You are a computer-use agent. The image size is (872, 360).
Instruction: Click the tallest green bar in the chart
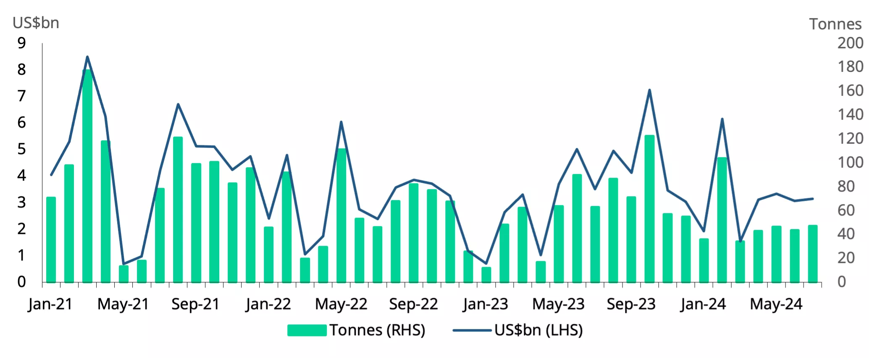point(87,176)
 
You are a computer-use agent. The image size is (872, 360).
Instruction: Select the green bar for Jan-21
point(51,239)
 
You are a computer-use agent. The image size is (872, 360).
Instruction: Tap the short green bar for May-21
point(123,274)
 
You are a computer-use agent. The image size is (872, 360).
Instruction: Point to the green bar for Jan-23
point(486,275)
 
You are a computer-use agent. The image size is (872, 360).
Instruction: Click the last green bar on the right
point(813,254)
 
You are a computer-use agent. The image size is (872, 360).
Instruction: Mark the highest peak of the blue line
point(87,57)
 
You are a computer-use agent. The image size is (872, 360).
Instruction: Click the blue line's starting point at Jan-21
point(51,175)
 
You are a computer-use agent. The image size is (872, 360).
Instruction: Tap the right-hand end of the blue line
point(813,199)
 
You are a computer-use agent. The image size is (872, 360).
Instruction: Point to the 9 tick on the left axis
point(21,43)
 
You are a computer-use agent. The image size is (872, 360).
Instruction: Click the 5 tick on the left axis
point(21,149)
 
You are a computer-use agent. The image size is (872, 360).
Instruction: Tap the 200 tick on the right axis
point(850,43)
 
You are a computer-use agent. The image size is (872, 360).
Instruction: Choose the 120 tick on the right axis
point(850,138)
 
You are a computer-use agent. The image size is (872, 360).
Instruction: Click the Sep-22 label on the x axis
point(413,304)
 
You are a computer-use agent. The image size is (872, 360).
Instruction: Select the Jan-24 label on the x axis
point(703,304)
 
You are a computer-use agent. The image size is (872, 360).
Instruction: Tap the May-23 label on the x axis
point(558,304)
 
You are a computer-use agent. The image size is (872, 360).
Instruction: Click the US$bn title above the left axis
point(36,23)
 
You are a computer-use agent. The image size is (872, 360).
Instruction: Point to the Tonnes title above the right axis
point(835,24)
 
